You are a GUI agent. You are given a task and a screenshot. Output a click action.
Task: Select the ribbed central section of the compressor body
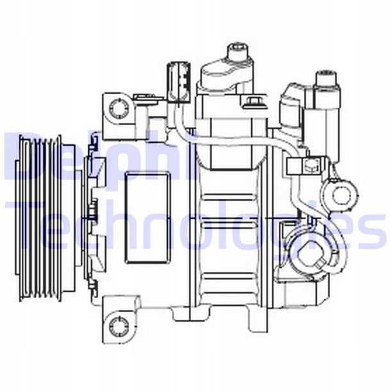(x=230, y=224)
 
